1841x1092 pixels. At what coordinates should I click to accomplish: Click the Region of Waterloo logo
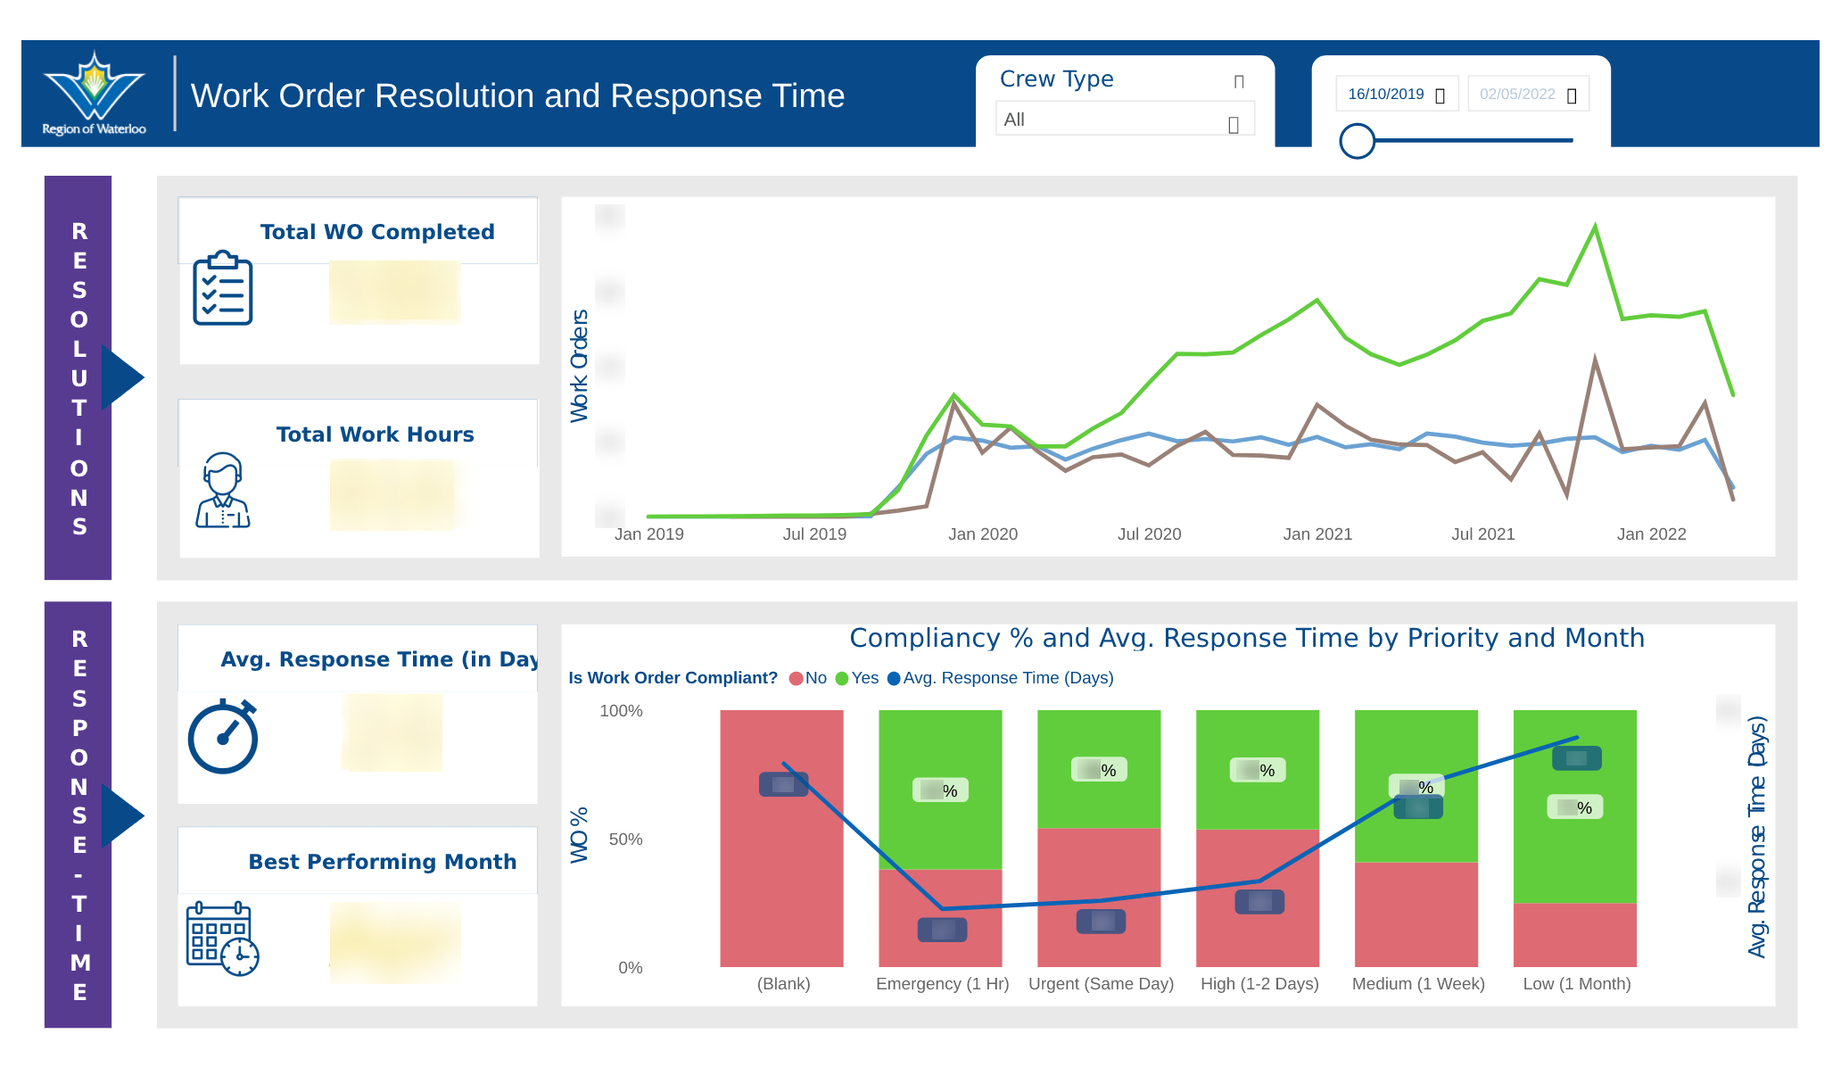(x=94, y=93)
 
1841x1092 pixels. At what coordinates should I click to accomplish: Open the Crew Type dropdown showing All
(x=1124, y=120)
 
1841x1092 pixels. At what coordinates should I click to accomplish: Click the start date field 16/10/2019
(x=1395, y=94)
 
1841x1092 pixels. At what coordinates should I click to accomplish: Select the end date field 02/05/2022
(x=1526, y=94)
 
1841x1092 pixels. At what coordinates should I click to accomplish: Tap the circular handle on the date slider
(x=1357, y=141)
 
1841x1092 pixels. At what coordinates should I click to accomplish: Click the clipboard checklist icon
(x=223, y=288)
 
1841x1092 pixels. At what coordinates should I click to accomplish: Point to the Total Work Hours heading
(x=375, y=434)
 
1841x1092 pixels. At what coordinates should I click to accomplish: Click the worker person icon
(x=222, y=491)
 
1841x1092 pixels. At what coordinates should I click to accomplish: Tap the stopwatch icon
(x=223, y=737)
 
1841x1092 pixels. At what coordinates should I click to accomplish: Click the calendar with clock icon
(x=222, y=939)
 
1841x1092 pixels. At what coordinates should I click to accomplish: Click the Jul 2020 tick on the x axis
(x=1149, y=534)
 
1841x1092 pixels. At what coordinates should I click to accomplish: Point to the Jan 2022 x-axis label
(x=1651, y=534)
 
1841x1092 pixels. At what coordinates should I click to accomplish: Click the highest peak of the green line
(x=1595, y=227)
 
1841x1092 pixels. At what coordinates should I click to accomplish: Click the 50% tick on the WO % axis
(x=625, y=840)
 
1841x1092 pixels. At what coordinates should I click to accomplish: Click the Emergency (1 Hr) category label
(x=942, y=984)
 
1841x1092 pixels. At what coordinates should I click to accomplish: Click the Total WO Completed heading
(x=376, y=232)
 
